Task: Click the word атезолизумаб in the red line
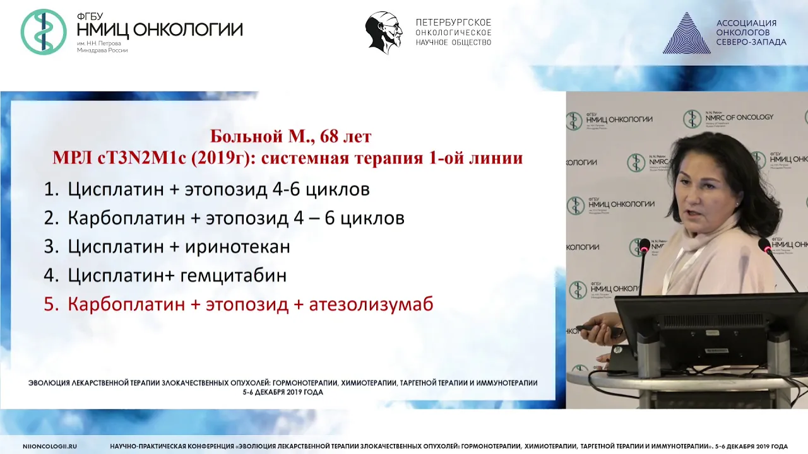click(371, 305)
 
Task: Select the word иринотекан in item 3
click(238, 247)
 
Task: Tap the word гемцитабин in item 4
click(233, 276)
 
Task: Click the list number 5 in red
click(51, 305)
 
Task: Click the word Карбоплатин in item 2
click(126, 218)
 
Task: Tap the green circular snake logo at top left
click(44, 32)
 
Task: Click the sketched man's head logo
click(384, 33)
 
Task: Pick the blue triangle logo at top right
click(686, 33)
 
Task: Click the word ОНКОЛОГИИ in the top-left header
click(188, 30)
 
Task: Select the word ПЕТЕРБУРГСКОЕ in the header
click(453, 22)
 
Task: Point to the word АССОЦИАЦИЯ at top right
click(746, 23)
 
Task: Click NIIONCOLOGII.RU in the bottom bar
click(50, 446)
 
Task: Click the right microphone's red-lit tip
click(764, 245)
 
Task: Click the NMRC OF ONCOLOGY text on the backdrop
click(739, 117)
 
